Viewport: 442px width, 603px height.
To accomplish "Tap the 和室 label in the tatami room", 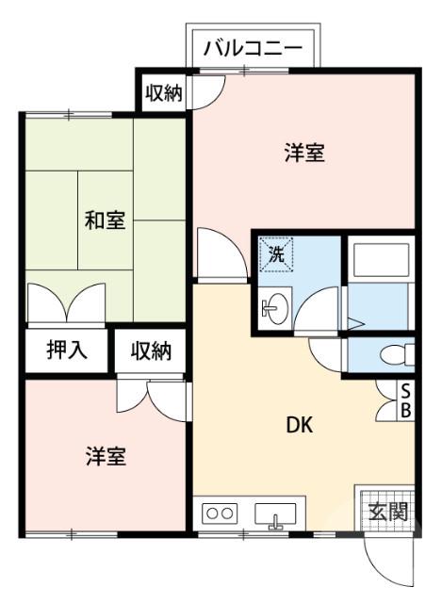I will pos(105,222).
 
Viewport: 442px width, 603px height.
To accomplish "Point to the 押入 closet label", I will pos(67,350).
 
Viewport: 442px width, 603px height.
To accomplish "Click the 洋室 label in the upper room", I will pos(303,154).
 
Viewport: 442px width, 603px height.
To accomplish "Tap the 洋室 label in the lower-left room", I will pos(106,457).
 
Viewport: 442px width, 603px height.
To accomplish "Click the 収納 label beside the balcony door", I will pos(163,93).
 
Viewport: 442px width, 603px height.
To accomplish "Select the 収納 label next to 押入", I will pos(151,350).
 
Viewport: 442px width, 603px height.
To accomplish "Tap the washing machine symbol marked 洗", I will pos(277,253).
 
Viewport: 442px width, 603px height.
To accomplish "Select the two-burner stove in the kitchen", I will pos(221,514).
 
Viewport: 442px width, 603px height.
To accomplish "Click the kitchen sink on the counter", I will pos(274,515).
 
